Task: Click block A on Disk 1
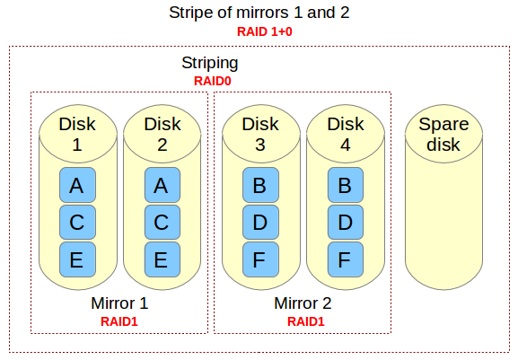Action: pyautogui.click(x=76, y=186)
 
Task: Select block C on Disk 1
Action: pyautogui.click(x=76, y=223)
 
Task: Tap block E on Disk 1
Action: pyautogui.click(x=76, y=259)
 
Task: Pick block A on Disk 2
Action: pyautogui.click(x=162, y=186)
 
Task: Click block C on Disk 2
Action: pyautogui.click(x=162, y=223)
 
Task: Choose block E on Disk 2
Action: pyautogui.click(x=162, y=259)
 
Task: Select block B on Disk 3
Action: pyautogui.click(x=259, y=186)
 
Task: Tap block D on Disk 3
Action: pyautogui.click(x=259, y=223)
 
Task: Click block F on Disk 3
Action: pyautogui.click(x=259, y=259)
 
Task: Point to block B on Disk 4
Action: pyautogui.click(x=345, y=186)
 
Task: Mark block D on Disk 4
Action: pyautogui.click(x=345, y=223)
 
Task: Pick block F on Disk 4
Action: pyautogui.click(x=345, y=259)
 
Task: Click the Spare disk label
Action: pyautogui.click(x=439, y=134)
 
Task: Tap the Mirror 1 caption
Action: pyautogui.click(x=119, y=303)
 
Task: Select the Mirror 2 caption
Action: pyautogui.click(x=303, y=303)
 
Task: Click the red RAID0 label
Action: pyautogui.click(x=210, y=81)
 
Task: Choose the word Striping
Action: pyautogui.click(x=210, y=65)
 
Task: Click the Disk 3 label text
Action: pyautogui.click(x=260, y=134)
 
